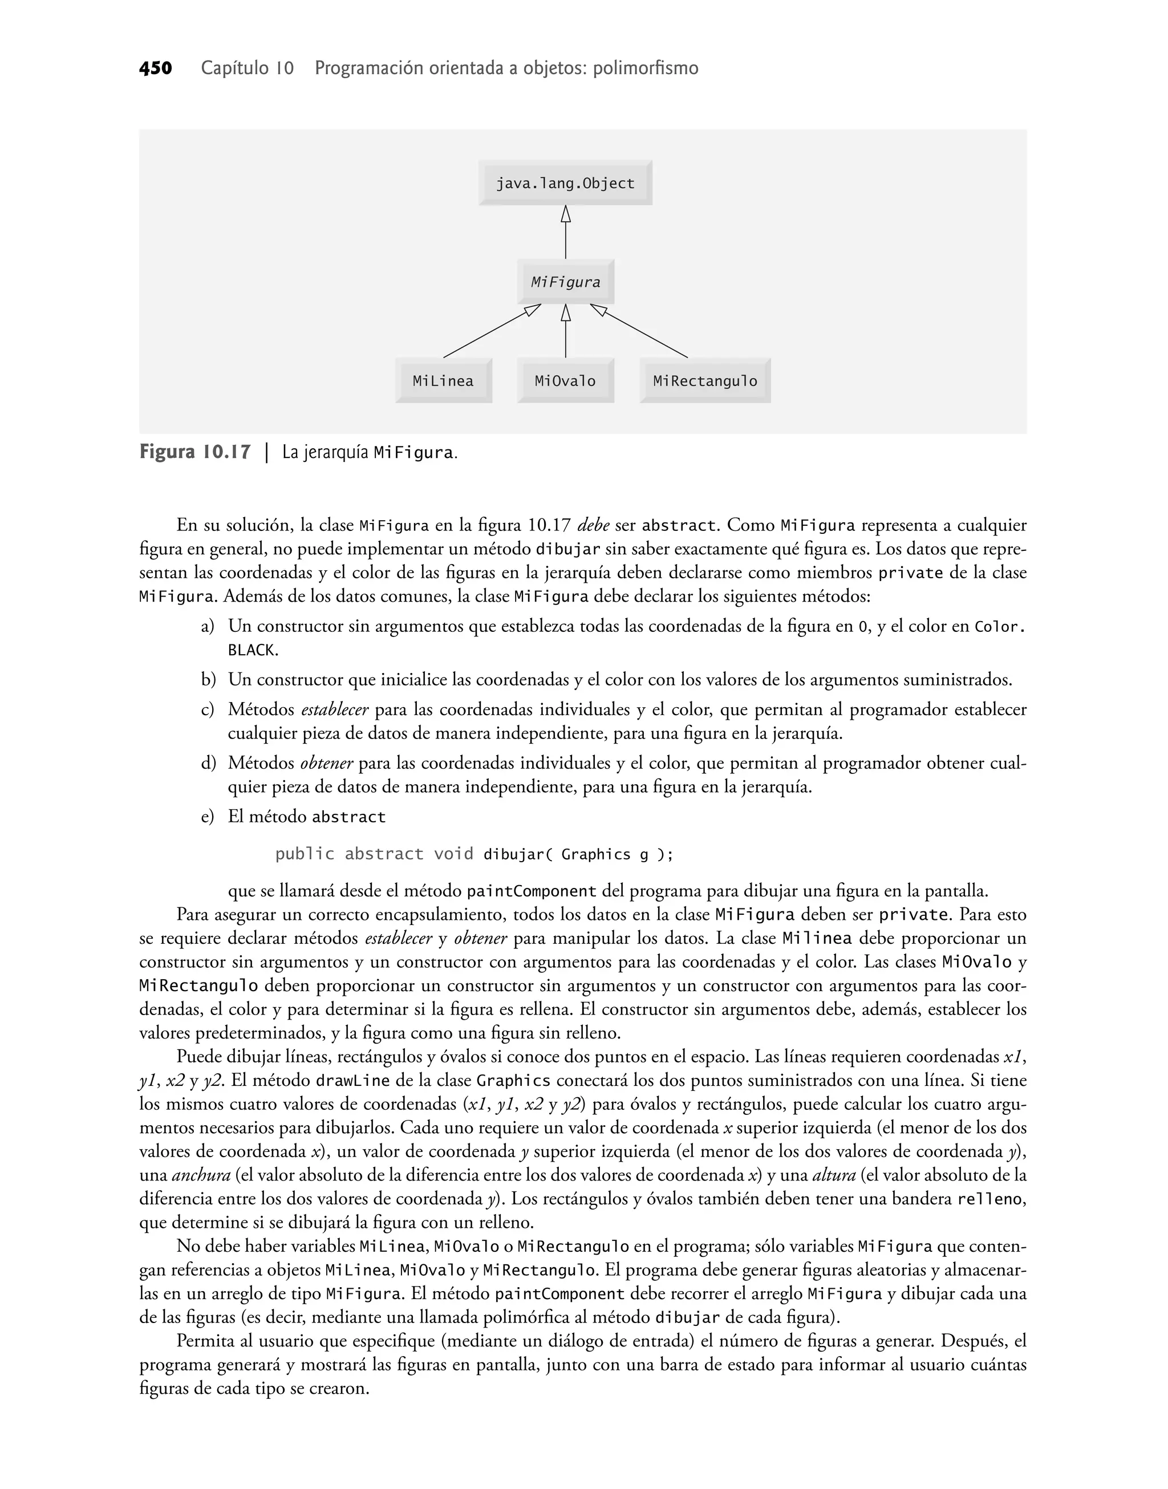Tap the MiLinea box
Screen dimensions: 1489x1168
[x=443, y=381]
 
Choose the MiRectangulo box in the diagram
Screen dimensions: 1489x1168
[x=704, y=381]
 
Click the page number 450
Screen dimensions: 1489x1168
[x=155, y=68]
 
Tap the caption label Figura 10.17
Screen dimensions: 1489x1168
[x=195, y=453]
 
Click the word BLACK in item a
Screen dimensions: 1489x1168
[x=251, y=650]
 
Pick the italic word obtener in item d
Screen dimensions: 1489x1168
[x=326, y=764]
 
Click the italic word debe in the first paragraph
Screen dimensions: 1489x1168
[x=593, y=526]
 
